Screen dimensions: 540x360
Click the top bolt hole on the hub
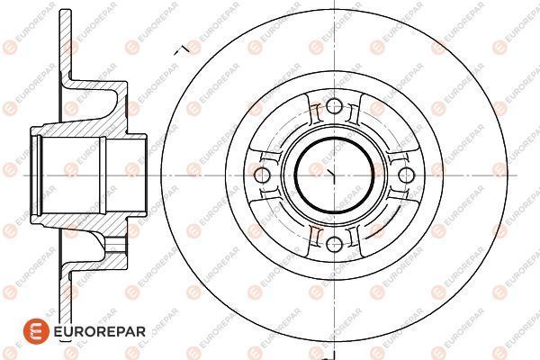click(x=334, y=106)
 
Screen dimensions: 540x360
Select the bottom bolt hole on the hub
click(x=334, y=244)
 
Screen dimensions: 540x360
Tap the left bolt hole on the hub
click(x=262, y=175)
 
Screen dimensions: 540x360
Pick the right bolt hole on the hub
click(x=406, y=175)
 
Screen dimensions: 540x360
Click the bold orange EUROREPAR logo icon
click(x=36, y=331)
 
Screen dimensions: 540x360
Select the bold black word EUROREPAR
click(x=100, y=332)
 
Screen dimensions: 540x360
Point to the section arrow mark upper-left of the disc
click(x=182, y=50)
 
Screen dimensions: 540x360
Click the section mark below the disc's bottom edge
click(x=330, y=355)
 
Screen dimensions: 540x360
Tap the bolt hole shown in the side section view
click(x=115, y=244)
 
